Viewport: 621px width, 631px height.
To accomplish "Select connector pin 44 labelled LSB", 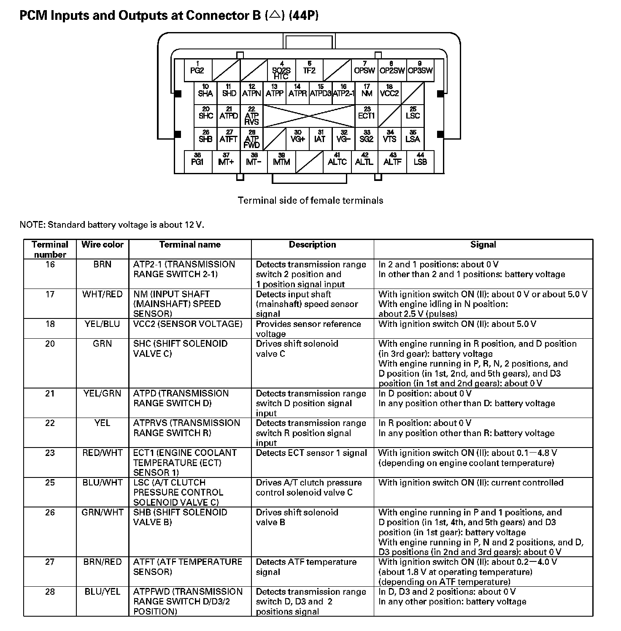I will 420,161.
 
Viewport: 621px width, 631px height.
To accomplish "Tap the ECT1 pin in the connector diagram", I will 366,114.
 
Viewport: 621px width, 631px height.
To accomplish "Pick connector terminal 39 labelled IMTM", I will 281,161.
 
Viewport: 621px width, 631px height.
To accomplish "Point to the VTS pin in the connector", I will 389,138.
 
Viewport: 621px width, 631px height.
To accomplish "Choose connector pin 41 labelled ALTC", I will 337,161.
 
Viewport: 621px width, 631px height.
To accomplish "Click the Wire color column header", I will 103,245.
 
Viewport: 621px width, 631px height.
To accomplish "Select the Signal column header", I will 483,245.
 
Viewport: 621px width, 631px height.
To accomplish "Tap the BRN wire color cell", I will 103,264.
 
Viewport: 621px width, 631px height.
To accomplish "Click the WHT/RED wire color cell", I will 103,294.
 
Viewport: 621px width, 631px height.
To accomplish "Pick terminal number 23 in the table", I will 50,453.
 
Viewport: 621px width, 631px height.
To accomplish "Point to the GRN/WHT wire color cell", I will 103,512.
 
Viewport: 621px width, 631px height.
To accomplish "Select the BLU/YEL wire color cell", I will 103,592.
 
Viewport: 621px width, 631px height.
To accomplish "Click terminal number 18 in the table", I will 50,324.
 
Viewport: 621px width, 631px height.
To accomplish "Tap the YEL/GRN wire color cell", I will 103,394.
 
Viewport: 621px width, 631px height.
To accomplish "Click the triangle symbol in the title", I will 275,16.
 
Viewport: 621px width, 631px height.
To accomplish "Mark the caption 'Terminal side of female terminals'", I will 310,200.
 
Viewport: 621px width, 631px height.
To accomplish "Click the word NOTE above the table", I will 32,224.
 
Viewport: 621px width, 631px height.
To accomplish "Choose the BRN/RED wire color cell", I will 103,562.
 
